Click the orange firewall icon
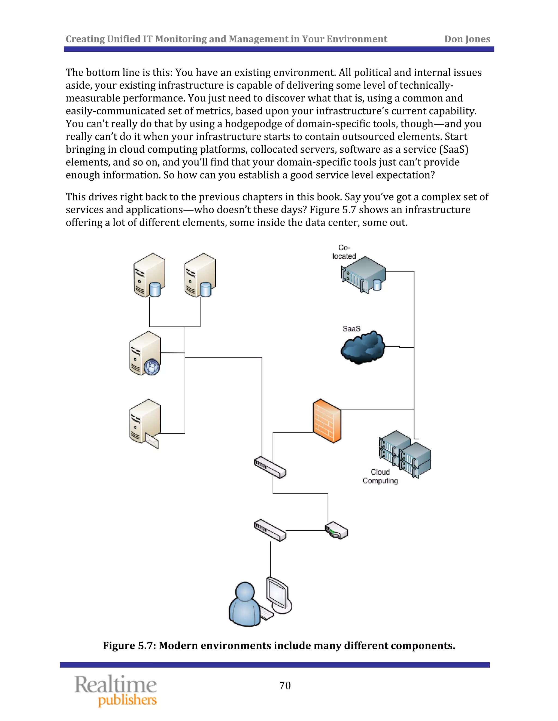(x=327, y=421)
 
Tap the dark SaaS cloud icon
(x=363, y=348)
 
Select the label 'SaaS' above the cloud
(x=351, y=329)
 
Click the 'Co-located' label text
(x=344, y=252)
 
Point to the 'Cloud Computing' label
(x=380, y=476)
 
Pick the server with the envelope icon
(x=144, y=424)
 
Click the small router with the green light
(x=336, y=530)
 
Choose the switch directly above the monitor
(x=270, y=530)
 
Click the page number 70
(x=285, y=686)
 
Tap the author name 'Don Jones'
(x=467, y=39)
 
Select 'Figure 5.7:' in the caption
(x=129, y=646)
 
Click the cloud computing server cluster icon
(x=405, y=454)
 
